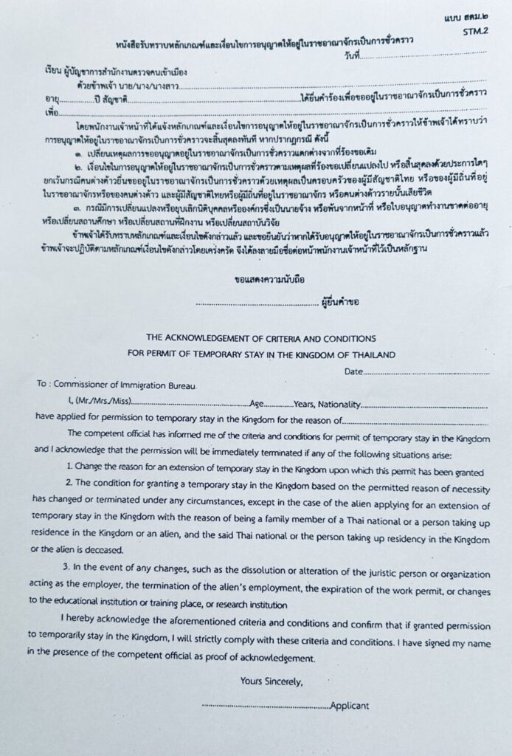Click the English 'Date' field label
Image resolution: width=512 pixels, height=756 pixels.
tap(354, 371)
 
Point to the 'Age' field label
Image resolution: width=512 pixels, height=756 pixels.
tap(257, 404)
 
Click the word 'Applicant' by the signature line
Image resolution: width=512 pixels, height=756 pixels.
tap(349, 706)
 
